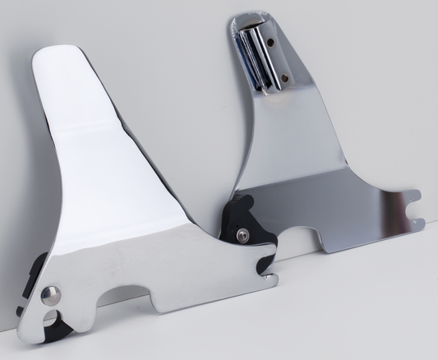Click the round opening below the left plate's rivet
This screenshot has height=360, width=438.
point(51,317)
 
